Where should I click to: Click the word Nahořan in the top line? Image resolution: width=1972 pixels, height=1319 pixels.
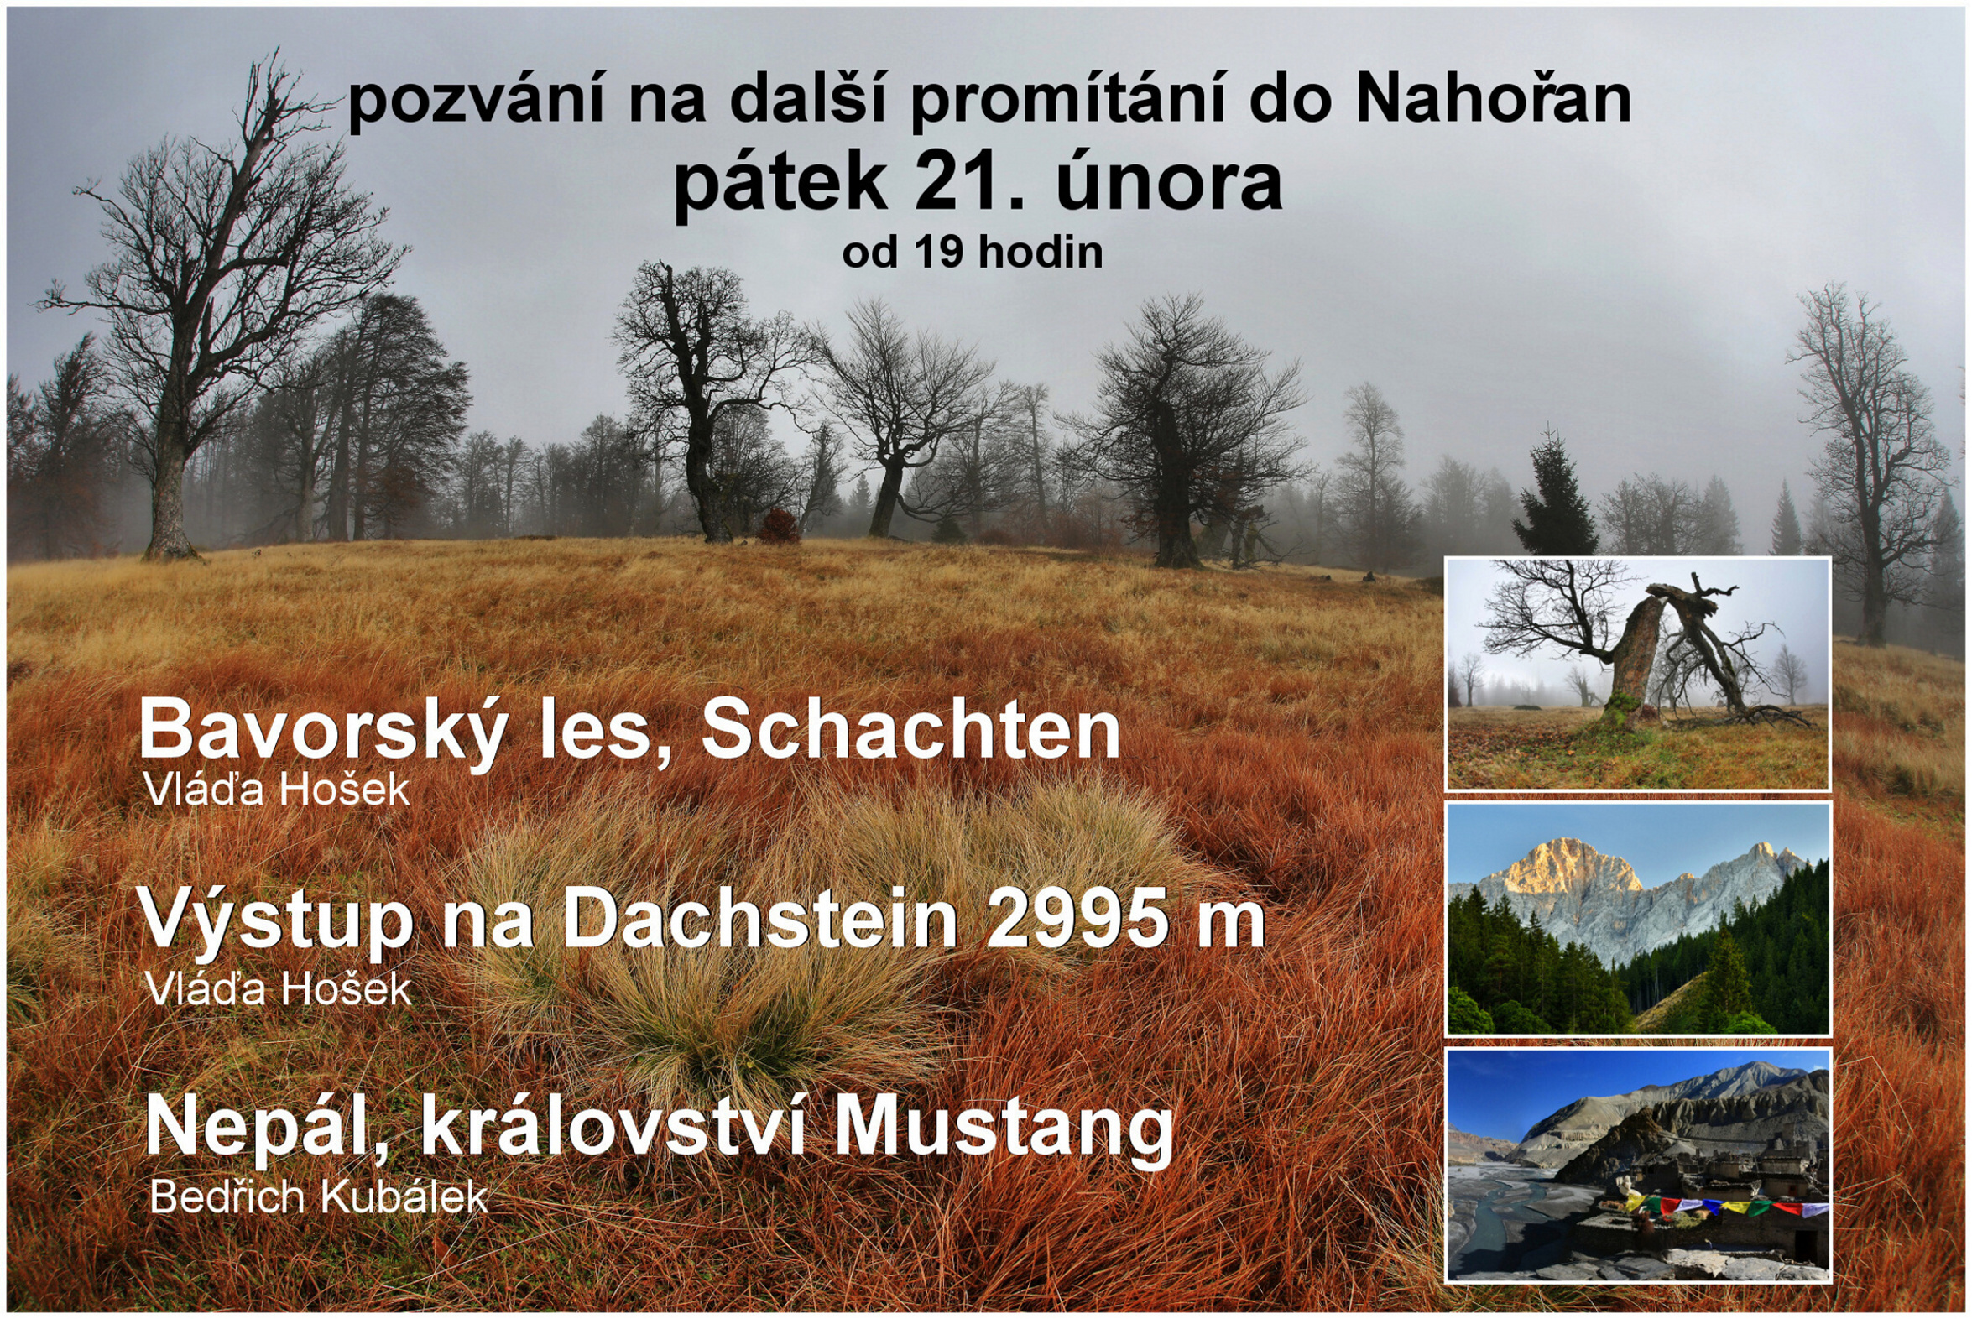1494,101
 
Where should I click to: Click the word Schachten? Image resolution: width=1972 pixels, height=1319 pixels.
911,731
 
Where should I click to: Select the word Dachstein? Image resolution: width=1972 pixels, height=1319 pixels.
760,920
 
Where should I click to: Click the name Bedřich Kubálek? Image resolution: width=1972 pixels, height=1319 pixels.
318,1196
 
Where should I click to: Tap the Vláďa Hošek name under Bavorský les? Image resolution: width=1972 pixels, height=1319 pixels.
277,789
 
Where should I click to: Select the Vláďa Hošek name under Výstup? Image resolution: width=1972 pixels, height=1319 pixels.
279,989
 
